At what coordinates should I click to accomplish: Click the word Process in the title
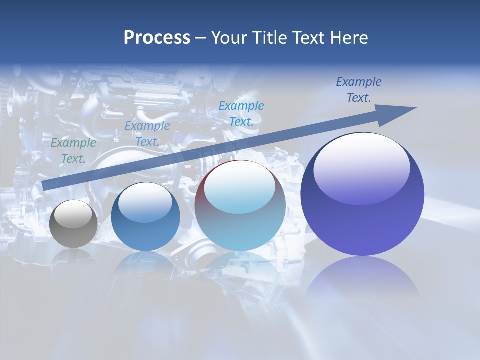pos(157,38)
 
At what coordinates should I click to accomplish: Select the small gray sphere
pos(73,224)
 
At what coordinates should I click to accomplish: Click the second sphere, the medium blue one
pos(145,217)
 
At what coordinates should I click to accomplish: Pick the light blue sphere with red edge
pos(240,205)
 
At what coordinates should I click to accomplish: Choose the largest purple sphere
pos(362,194)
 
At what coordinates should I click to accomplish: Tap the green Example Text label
pos(73,151)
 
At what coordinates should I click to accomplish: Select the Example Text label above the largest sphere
pos(359,90)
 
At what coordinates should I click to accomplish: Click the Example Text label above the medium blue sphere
pos(147,134)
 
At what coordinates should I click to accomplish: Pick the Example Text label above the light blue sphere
pos(241,113)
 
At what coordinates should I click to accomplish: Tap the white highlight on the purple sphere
pos(361,168)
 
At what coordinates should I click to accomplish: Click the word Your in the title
pos(229,38)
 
